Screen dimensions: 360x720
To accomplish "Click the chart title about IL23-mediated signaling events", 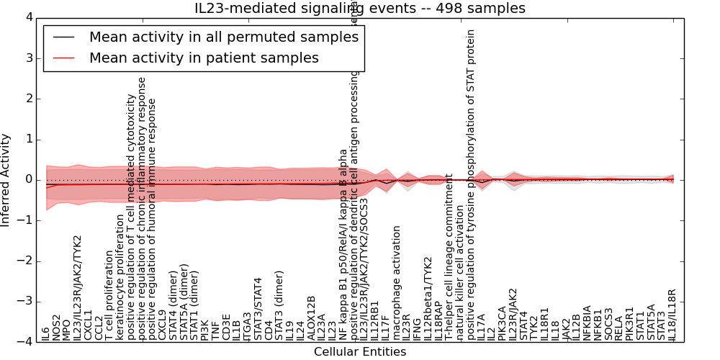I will (x=360, y=8).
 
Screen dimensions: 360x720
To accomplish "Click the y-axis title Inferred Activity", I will (x=6, y=180).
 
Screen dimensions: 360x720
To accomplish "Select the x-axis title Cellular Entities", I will (x=360, y=352).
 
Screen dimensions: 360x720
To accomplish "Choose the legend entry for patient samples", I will (x=204, y=58).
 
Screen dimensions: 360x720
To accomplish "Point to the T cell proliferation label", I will (x=109, y=295).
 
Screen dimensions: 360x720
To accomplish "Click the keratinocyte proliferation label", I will (x=120, y=288).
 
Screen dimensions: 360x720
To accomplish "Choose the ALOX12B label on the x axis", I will (x=311, y=318).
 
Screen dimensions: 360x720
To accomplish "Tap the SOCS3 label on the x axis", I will (x=609, y=325).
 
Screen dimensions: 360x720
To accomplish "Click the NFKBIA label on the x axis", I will (x=588, y=323).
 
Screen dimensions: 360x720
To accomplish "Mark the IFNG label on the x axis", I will (x=417, y=330).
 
